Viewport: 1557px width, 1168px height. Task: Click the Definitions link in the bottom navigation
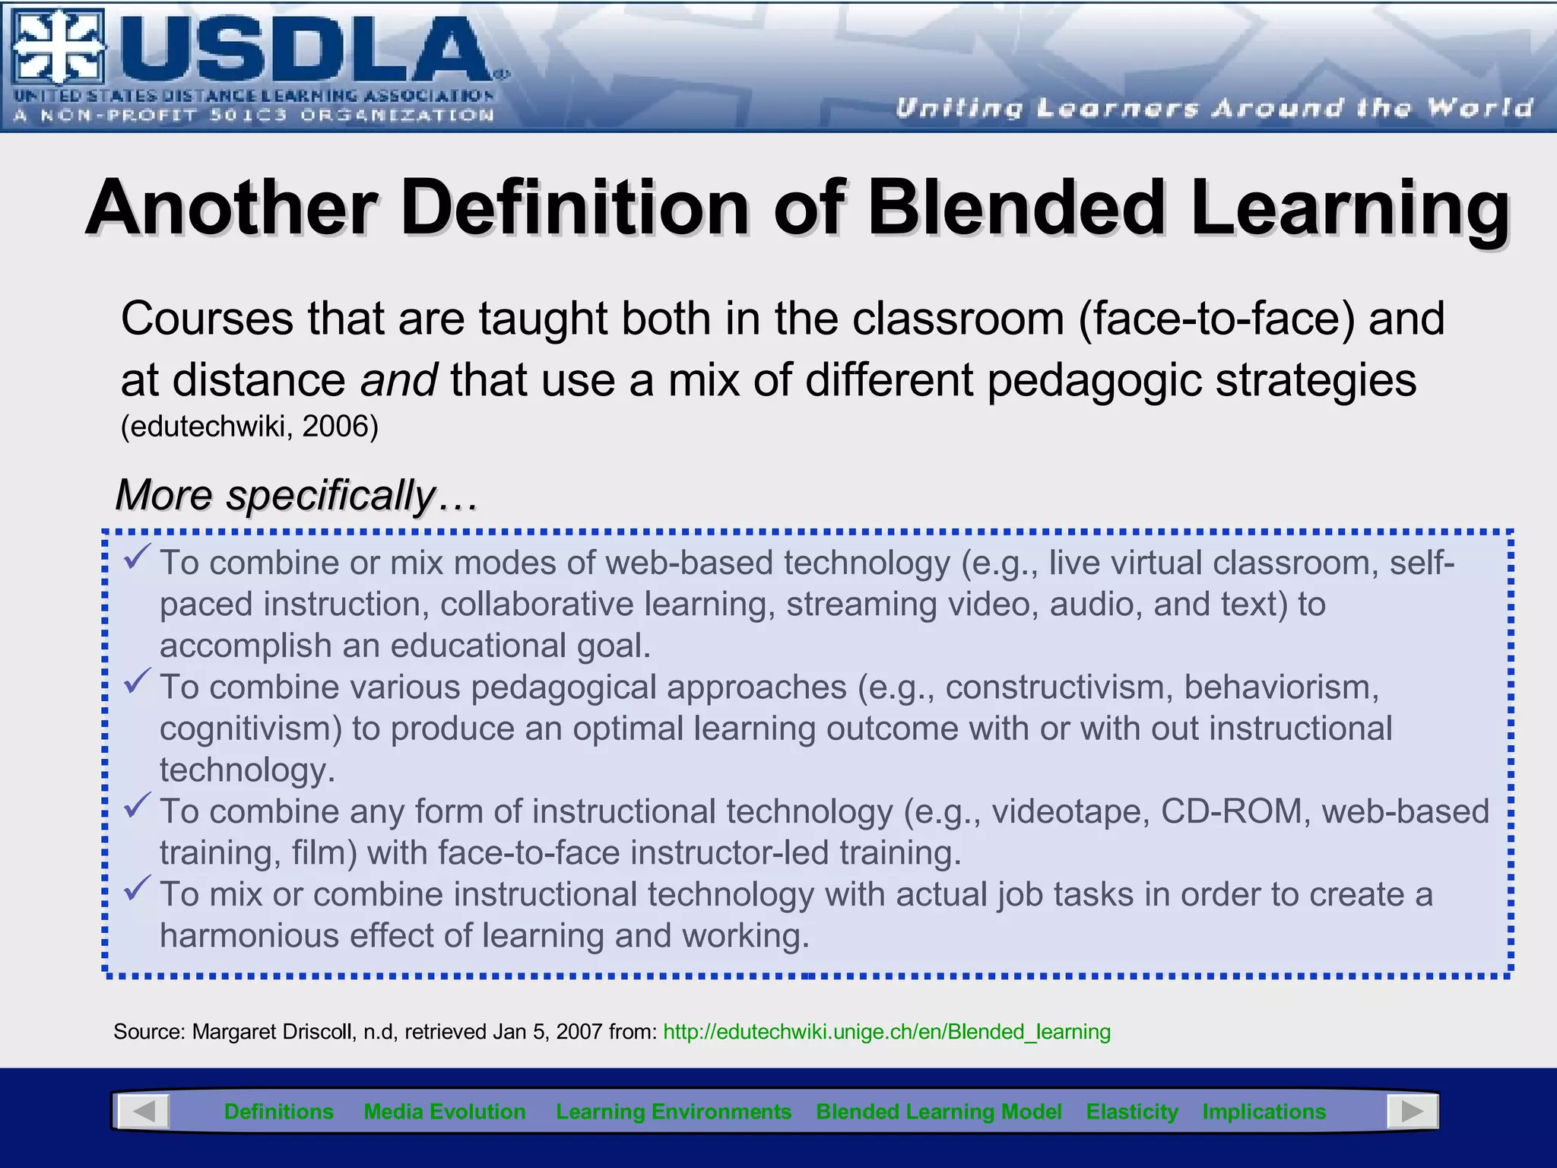278,1112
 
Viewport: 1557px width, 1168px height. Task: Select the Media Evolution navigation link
445,1112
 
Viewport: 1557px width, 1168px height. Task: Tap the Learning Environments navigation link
674,1112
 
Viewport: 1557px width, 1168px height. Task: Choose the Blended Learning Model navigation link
939,1112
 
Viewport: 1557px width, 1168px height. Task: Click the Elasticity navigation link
1132,1112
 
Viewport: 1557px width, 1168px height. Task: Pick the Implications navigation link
1264,1112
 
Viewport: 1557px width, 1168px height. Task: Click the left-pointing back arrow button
144,1112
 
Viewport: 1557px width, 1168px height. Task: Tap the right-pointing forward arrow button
1412,1112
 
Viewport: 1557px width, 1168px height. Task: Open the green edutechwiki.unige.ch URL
886,1032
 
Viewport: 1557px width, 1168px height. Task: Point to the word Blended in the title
1017,208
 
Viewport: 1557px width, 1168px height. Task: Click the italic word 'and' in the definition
398,379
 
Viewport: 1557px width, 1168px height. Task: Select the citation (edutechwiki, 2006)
249,427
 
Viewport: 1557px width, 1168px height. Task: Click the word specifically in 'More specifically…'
330,495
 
